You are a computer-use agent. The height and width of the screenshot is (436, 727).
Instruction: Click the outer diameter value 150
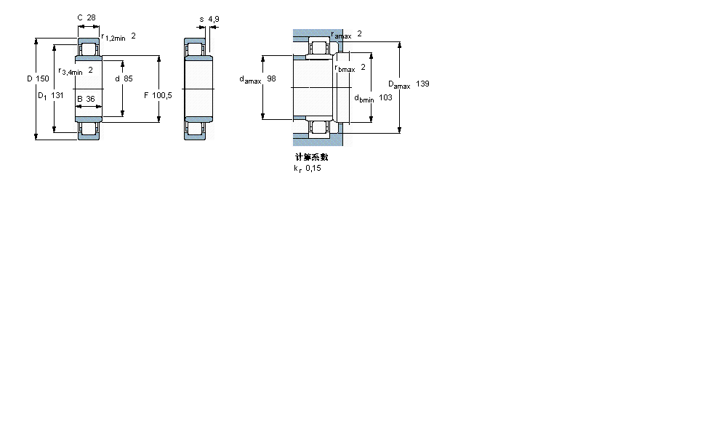(x=43, y=78)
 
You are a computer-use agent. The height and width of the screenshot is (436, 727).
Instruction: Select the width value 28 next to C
(x=92, y=18)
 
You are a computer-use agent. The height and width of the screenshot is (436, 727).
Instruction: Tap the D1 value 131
(x=57, y=95)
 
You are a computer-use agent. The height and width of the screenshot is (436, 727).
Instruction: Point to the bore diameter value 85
(x=128, y=78)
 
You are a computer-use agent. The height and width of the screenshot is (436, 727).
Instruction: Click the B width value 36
(x=90, y=99)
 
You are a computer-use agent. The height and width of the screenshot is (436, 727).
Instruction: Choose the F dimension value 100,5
(x=162, y=95)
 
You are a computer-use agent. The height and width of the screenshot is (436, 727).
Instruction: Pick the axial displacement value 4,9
(x=213, y=18)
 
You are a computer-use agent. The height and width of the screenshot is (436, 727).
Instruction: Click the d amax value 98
(x=271, y=78)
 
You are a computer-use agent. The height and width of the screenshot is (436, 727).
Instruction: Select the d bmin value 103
(x=386, y=97)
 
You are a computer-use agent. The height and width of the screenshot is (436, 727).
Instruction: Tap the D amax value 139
(x=422, y=84)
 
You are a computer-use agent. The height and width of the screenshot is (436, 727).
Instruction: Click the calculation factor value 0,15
(x=313, y=169)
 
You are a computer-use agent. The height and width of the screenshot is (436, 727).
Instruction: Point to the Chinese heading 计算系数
(x=311, y=157)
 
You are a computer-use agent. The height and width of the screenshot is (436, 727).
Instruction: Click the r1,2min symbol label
(x=113, y=37)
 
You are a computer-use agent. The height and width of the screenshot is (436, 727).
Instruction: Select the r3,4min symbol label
(x=71, y=71)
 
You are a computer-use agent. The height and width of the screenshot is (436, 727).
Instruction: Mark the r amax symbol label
(x=341, y=35)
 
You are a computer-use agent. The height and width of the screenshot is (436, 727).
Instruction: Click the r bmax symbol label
(x=345, y=69)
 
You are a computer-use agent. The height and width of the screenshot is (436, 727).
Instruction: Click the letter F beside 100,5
(x=146, y=95)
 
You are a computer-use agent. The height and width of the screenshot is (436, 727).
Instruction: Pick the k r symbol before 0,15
(x=297, y=169)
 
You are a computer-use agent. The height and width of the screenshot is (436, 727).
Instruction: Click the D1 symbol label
(x=41, y=95)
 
